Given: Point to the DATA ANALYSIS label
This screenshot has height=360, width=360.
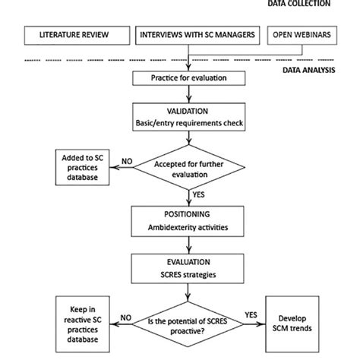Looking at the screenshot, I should click(316, 69).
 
